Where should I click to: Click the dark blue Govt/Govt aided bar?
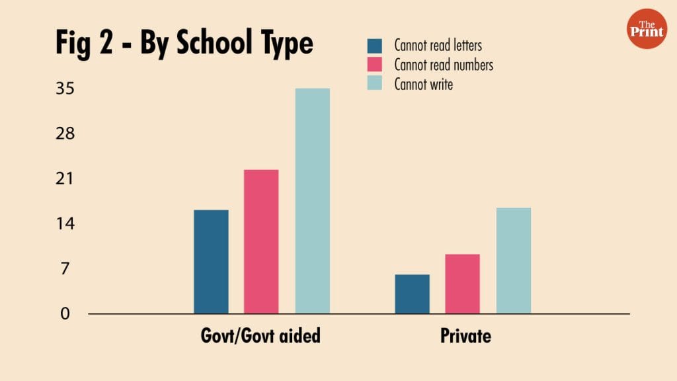coord(211,261)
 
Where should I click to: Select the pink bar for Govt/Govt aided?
coord(261,241)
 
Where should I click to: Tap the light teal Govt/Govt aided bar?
coord(312,200)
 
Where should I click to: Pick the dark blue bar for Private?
coord(412,294)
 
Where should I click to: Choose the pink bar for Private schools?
coord(462,284)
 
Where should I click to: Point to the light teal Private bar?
coord(513,260)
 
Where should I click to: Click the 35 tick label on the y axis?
coord(65,89)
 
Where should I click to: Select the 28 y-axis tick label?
coord(65,134)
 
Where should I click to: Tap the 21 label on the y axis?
coord(65,179)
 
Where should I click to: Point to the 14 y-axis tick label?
coord(65,224)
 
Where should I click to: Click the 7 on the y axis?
coord(65,269)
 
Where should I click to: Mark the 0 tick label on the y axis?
coord(65,314)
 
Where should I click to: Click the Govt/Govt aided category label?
coord(260,335)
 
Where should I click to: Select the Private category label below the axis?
coord(465,335)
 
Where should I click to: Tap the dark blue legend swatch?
coord(375,46)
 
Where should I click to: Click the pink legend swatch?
coord(375,65)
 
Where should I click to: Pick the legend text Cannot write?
coord(423,85)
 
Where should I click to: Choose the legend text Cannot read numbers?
coord(444,65)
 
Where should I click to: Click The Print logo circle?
coord(647,29)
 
